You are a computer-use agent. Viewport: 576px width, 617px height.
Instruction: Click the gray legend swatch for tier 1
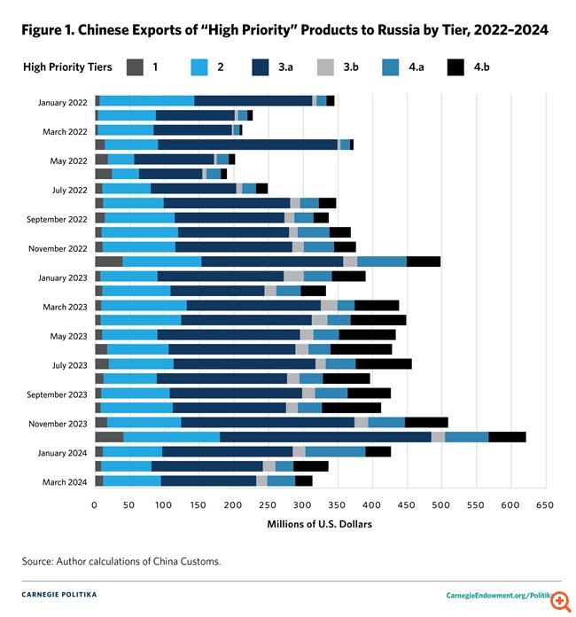click(135, 66)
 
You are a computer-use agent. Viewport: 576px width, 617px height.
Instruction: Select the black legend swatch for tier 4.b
click(455, 66)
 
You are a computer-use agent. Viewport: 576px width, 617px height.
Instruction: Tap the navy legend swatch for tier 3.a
click(263, 66)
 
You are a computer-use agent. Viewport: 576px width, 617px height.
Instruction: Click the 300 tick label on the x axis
click(302, 504)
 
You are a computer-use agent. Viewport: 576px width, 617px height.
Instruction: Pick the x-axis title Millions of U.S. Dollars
click(320, 524)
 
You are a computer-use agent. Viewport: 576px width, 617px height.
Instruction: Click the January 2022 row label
click(62, 102)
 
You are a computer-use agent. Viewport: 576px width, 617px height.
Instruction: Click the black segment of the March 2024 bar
click(304, 481)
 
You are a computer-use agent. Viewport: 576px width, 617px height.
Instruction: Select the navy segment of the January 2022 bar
click(253, 101)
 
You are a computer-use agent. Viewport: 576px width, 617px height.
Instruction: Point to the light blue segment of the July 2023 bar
click(141, 364)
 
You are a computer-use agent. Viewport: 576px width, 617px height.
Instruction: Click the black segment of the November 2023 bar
click(426, 423)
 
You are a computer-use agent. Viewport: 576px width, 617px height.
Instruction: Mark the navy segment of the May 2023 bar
click(229, 335)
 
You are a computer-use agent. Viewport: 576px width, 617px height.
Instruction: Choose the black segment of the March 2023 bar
click(377, 306)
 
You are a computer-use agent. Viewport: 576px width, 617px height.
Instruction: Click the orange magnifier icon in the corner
click(560, 600)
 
